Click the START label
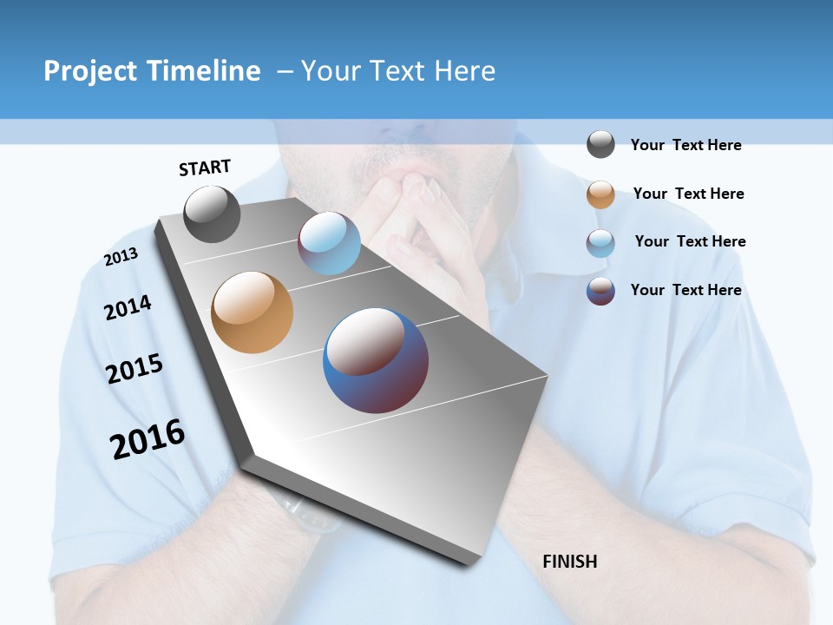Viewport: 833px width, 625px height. pyautogui.click(x=205, y=168)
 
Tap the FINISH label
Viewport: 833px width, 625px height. pyautogui.click(x=569, y=562)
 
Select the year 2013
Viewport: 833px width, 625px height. pyautogui.click(x=121, y=257)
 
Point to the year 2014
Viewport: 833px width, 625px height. pyautogui.click(x=128, y=307)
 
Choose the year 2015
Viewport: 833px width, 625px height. pyautogui.click(x=134, y=369)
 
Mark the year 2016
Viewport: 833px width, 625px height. pyautogui.click(x=148, y=439)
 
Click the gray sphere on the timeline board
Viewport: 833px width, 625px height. pyautogui.click(x=212, y=214)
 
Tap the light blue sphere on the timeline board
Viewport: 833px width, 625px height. pyautogui.click(x=329, y=243)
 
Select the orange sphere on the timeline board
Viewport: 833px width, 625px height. pyautogui.click(x=253, y=312)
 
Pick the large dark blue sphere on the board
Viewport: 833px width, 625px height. pyautogui.click(x=376, y=360)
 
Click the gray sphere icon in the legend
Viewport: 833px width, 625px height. pyautogui.click(x=600, y=145)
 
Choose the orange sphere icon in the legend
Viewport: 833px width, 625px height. pyautogui.click(x=600, y=194)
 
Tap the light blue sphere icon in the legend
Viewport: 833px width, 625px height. pyautogui.click(x=600, y=243)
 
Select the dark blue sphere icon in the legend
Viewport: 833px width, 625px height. pyautogui.click(x=600, y=291)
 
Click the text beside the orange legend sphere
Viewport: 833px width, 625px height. pyautogui.click(x=688, y=194)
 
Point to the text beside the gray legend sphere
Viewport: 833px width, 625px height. pyautogui.click(x=685, y=145)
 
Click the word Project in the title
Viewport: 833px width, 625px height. pyautogui.click(x=90, y=71)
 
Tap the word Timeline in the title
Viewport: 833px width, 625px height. pyautogui.click(x=203, y=71)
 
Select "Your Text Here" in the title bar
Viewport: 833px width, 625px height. pyautogui.click(x=398, y=71)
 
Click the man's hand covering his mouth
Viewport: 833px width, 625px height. pyautogui.click(x=425, y=217)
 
